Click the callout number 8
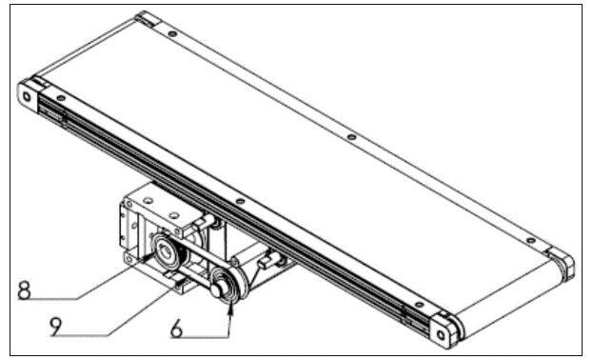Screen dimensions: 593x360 click(x=24, y=290)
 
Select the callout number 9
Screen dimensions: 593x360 click(x=55, y=327)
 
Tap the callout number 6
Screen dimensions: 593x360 click(x=177, y=328)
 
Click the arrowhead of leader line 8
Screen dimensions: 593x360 click(x=148, y=257)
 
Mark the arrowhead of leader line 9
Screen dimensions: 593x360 click(x=181, y=281)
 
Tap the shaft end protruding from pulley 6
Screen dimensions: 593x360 click(x=217, y=290)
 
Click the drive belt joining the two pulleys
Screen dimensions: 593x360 click(x=197, y=266)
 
